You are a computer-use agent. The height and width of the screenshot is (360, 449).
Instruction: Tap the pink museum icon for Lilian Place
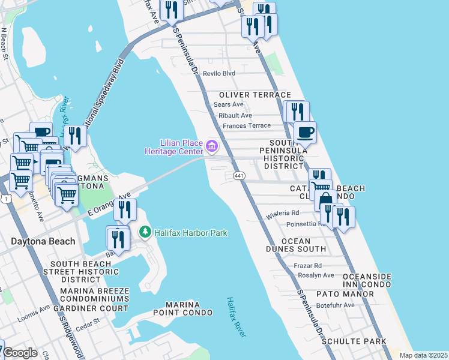pos(211,146)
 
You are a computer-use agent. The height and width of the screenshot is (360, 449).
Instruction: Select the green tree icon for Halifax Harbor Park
pos(145,232)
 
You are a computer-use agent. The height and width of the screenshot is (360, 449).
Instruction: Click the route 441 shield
pos(238,175)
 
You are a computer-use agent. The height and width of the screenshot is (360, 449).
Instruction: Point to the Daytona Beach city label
pos(43,242)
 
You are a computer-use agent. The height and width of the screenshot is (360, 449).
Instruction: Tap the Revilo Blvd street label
pos(219,73)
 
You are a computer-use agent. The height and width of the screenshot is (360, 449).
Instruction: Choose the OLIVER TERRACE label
pos(255,95)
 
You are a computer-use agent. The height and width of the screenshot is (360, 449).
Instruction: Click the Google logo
pos(20,353)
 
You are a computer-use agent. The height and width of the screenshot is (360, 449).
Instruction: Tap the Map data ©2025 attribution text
pos(423,355)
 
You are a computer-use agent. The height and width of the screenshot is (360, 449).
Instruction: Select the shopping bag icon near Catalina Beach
pos(325,199)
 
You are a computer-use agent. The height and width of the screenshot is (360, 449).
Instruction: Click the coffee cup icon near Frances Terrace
pos(305,132)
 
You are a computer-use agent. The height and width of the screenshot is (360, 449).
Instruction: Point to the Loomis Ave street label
pos(33,314)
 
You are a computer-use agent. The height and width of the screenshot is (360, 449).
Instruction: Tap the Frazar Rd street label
pos(309,265)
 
